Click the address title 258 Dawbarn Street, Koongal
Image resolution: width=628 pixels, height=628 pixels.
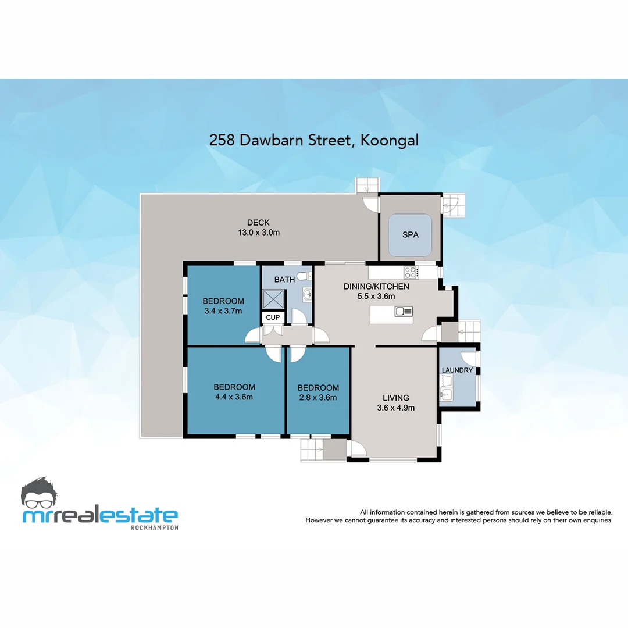tap(314, 140)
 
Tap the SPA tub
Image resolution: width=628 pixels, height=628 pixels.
tap(410, 235)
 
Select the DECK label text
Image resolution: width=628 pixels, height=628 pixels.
tap(258, 222)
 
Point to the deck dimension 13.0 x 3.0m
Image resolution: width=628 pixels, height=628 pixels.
tap(258, 232)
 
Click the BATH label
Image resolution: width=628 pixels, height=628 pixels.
tap(284, 280)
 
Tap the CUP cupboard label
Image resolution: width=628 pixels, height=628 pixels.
tap(273, 317)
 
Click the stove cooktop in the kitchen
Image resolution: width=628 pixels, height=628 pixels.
tap(411, 272)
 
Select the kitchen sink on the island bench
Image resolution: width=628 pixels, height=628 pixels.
tap(404, 311)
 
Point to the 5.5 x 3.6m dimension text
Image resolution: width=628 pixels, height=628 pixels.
tap(376, 297)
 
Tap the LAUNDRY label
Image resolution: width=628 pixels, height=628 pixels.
tap(457, 370)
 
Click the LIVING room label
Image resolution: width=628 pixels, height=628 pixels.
tap(395, 398)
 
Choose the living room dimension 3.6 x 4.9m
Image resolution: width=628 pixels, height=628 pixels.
tap(395, 408)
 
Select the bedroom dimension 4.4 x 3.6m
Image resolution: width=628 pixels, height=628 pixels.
tap(234, 397)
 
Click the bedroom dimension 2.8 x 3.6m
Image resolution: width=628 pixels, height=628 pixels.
tap(317, 398)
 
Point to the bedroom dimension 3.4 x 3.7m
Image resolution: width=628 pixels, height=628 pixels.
tap(223, 311)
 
